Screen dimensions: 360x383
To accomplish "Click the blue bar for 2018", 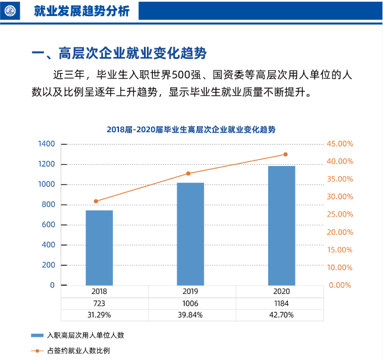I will (99, 248).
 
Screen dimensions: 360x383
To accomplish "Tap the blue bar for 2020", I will (281, 226).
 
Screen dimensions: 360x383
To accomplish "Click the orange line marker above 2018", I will (96, 201).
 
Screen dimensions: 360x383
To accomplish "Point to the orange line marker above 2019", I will (189, 173).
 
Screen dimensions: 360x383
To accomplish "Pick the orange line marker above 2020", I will (285, 155).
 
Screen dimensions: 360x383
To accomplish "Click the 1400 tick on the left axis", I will (46, 144).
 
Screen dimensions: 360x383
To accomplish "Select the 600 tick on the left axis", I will (48, 224).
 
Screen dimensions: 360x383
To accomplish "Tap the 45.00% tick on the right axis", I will (341, 144).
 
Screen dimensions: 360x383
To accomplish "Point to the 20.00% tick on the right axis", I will (341, 232).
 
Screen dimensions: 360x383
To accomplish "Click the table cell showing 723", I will (99, 303).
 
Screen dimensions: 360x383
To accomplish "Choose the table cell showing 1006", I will (190, 303).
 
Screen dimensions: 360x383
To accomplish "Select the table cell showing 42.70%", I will (281, 315).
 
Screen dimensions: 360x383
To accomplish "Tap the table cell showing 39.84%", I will (190, 315).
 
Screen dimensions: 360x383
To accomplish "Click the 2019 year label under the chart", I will (190, 292).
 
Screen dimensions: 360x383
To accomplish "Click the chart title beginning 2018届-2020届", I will (191, 129).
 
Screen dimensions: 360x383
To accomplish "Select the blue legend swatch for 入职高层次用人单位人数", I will (38, 336).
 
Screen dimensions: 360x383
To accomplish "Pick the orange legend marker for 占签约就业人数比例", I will (38, 350).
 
